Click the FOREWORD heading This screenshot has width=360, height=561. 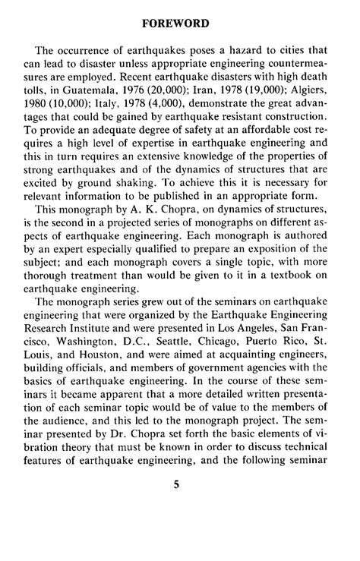pos(180,24)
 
